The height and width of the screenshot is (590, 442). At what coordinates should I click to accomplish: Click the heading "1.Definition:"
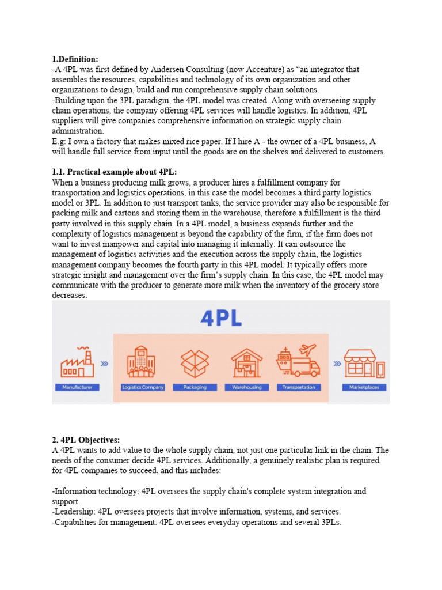(75, 59)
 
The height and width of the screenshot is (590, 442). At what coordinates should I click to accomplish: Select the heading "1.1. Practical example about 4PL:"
(115, 172)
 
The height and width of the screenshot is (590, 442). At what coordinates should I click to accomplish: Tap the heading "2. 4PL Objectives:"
(86, 440)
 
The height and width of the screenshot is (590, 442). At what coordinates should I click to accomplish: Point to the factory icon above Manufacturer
(77, 362)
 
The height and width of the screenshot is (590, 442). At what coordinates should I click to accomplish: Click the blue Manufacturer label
(77, 387)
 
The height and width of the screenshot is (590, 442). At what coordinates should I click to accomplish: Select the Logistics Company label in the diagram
(143, 387)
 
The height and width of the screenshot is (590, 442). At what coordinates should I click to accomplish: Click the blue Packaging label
(195, 387)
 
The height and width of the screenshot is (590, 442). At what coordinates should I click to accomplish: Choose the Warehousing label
(247, 387)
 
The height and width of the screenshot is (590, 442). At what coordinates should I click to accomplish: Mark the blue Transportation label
(299, 387)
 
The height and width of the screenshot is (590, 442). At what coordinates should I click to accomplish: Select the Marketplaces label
(364, 387)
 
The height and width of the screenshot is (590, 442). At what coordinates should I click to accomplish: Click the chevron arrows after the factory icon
(105, 364)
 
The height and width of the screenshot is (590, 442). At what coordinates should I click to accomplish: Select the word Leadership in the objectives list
(74, 512)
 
